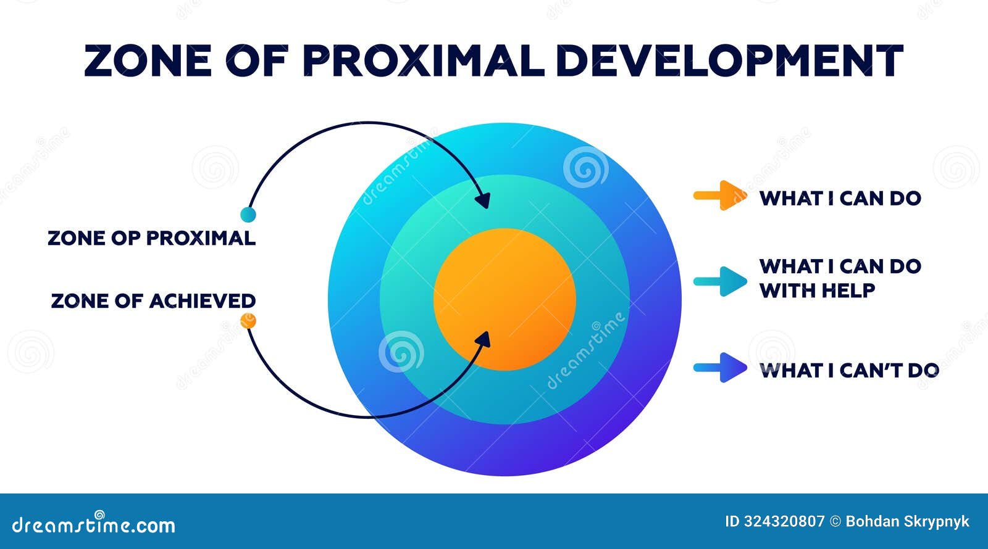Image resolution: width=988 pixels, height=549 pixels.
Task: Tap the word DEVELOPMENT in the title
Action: click(x=729, y=60)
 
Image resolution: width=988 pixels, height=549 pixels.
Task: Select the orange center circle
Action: click(x=504, y=299)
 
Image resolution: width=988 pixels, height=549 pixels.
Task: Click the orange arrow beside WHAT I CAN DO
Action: click(x=720, y=196)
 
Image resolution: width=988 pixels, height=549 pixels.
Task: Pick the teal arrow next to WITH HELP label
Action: click(x=720, y=282)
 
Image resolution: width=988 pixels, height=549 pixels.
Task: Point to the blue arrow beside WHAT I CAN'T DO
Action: click(x=720, y=368)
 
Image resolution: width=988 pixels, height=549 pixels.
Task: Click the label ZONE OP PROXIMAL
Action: click(x=151, y=238)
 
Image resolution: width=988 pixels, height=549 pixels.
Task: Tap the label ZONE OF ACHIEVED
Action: click(x=153, y=301)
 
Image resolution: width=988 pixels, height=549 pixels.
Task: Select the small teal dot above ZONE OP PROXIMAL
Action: click(x=248, y=215)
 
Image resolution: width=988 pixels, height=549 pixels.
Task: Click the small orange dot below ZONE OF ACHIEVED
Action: click(x=248, y=321)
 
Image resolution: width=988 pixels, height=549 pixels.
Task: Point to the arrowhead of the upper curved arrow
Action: click(x=484, y=200)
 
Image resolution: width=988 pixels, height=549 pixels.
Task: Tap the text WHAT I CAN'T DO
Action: click(x=849, y=371)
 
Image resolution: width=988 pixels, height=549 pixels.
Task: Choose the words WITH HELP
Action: click(x=817, y=290)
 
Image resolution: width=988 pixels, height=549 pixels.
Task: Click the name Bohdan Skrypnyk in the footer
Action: click(x=907, y=522)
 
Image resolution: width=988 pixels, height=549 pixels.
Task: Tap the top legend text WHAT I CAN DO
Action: click(x=840, y=199)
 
